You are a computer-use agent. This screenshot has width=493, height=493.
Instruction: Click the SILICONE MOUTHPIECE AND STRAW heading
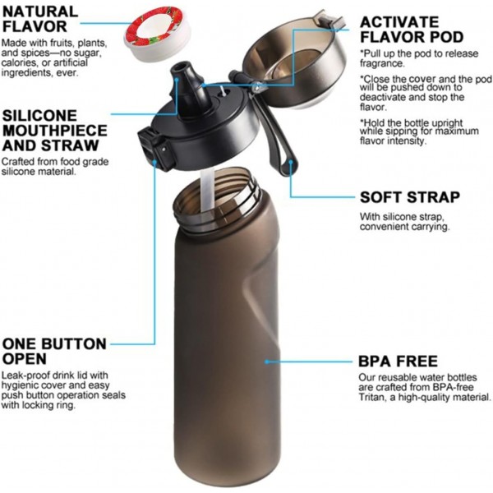(54, 131)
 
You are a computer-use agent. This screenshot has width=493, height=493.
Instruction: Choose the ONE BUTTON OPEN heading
(53, 351)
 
